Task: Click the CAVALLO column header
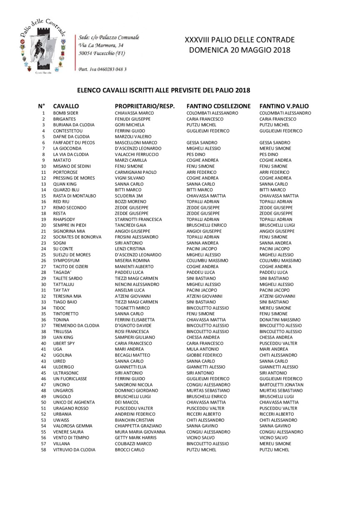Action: [x=66, y=106]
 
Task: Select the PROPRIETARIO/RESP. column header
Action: [x=144, y=106]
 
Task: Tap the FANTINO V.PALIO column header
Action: [x=284, y=106]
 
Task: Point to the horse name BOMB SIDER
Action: [x=65, y=113]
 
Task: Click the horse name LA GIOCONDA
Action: [x=67, y=148]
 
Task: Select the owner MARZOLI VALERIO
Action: [x=133, y=137]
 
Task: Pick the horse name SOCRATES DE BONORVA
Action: [x=77, y=237]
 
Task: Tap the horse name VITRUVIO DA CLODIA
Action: [x=74, y=450]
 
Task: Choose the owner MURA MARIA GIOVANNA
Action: [x=140, y=432]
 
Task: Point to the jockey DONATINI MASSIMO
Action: [x=280, y=320]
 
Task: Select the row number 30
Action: [x=43, y=284]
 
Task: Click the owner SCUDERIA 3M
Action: [x=128, y=196]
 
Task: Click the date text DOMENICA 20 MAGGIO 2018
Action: [x=239, y=50]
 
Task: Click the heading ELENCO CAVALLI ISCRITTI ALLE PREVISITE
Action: [x=164, y=90]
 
